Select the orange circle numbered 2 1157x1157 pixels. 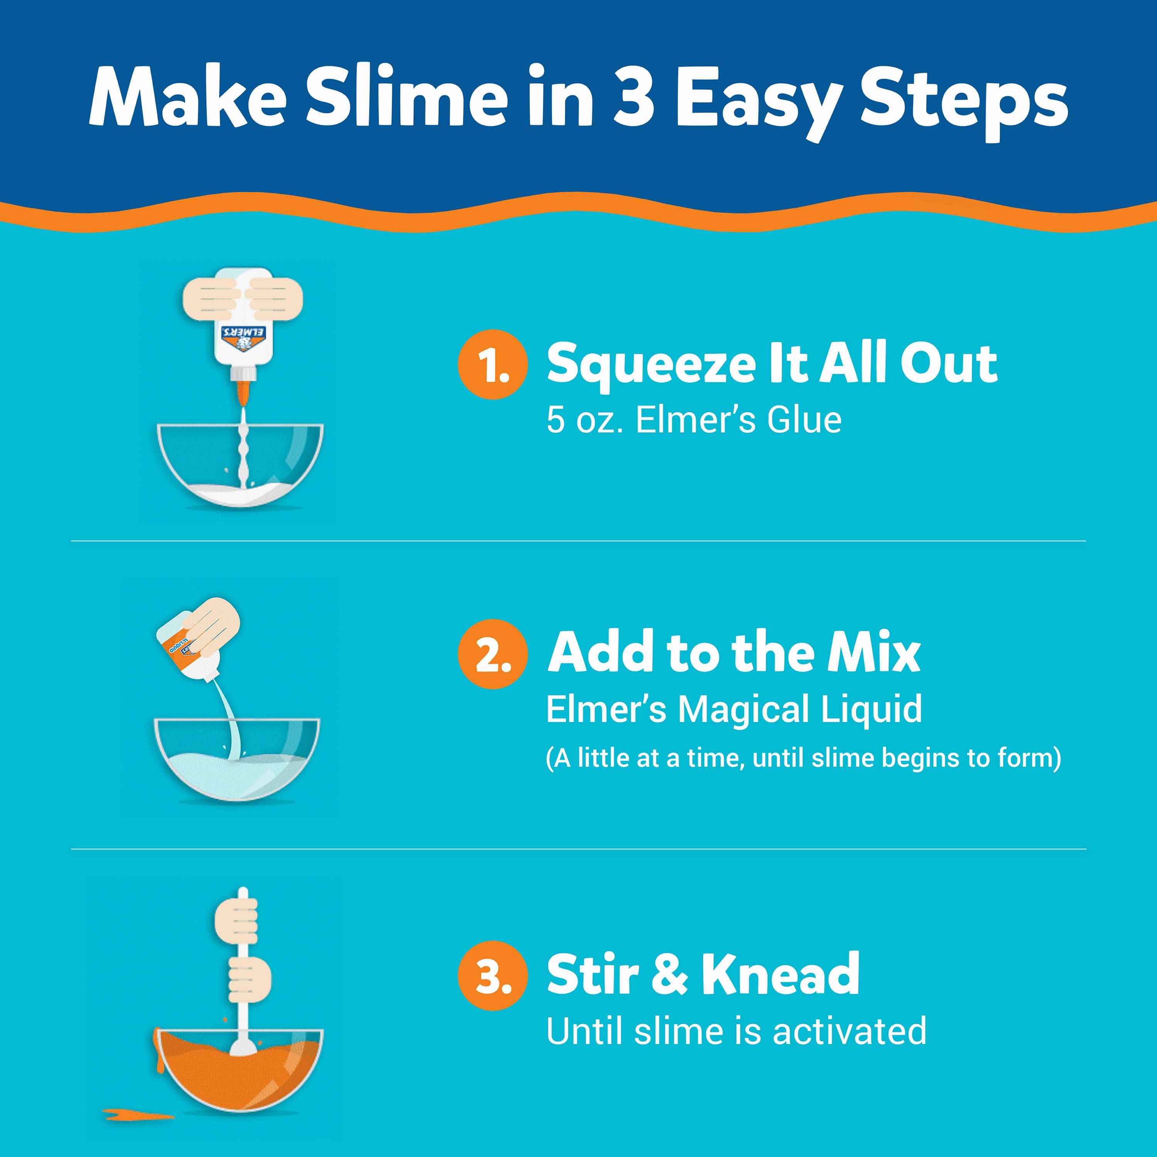[x=492, y=654]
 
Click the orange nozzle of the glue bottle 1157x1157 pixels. [x=243, y=392]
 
